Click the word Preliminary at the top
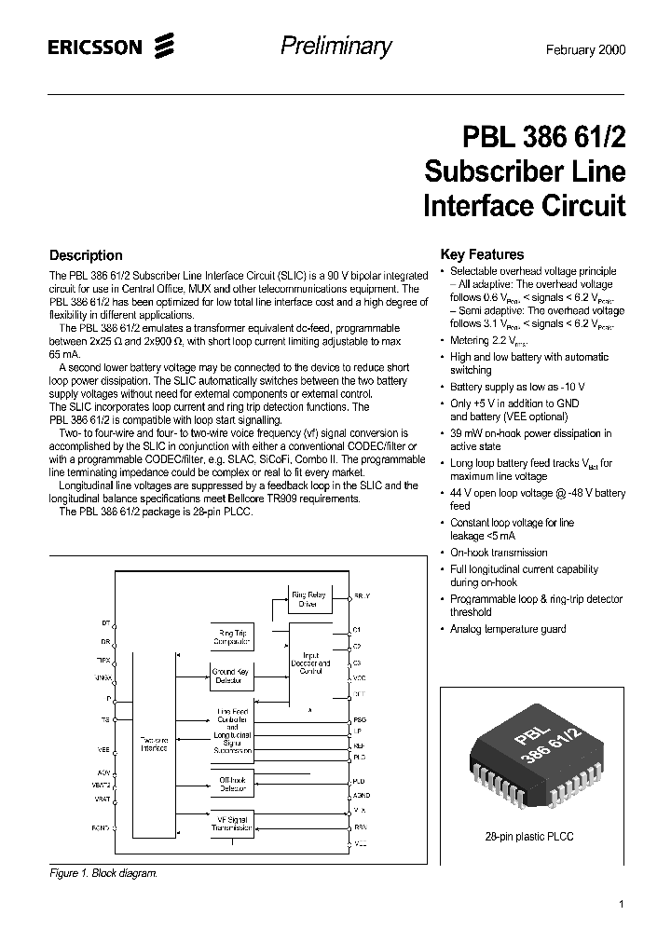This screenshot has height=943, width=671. tap(336, 47)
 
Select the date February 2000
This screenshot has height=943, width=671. tap(583, 49)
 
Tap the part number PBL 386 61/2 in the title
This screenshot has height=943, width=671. tap(545, 138)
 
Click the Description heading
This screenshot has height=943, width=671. tap(85, 255)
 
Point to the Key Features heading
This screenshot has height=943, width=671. tap(482, 254)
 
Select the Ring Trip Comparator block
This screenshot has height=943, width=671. tap(230, 636)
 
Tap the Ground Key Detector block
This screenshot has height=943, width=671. tap(230, 676)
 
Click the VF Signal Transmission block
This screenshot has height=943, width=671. tap(230, 823)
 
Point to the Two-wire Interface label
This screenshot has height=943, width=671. tap(154, 743)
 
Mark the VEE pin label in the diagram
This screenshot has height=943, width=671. tap(103, 748)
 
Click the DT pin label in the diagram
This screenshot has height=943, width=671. tap(105, 622)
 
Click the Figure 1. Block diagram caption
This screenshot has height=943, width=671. tap(103, 873)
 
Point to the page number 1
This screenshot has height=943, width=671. tap(622, 904)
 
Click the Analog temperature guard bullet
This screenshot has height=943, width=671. tap(508, 629)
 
